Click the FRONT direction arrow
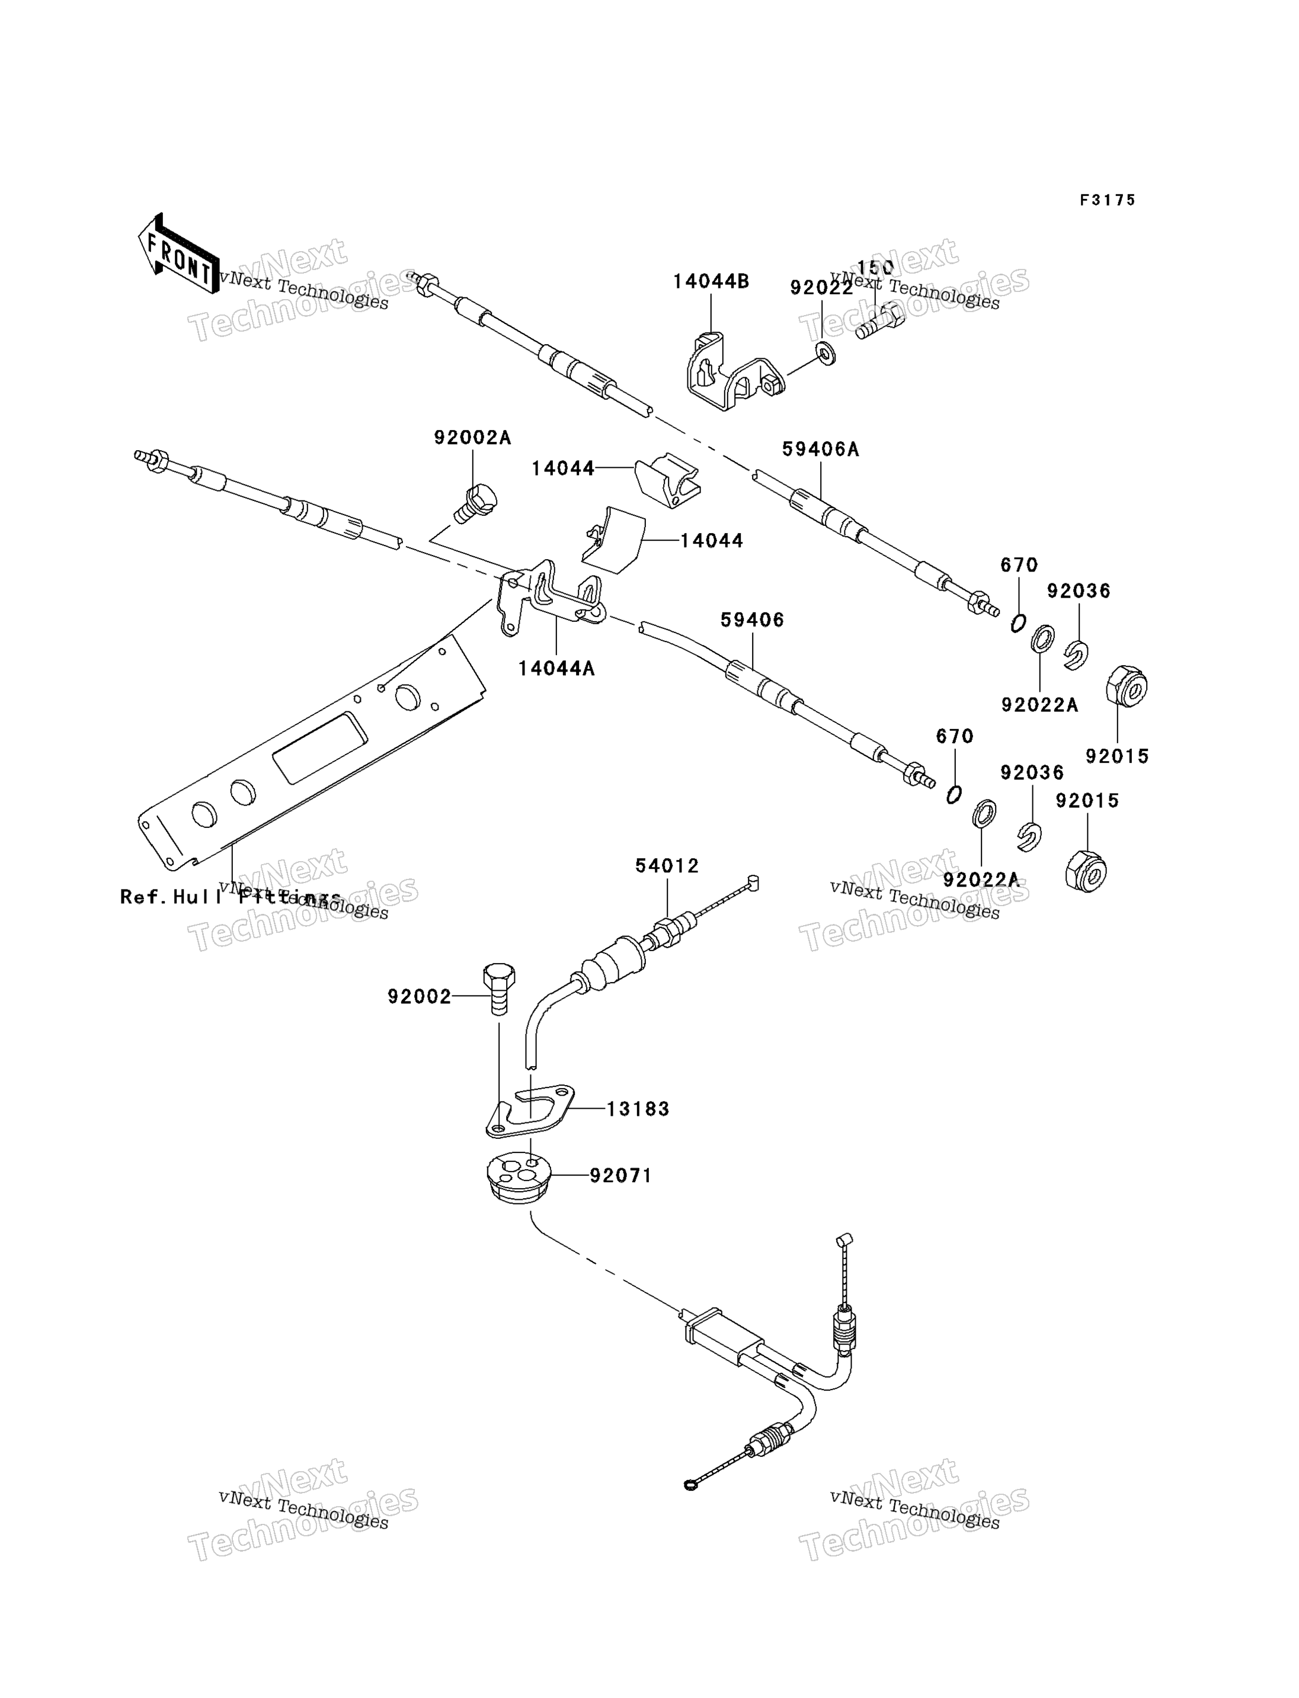178,253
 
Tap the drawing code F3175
1107,200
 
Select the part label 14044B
711,281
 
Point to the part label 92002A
472,438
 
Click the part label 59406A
820,449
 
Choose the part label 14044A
556,669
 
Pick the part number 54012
667,866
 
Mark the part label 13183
638,1109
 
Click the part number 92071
621,1176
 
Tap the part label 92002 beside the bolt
419,997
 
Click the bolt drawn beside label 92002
499,988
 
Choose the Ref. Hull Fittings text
231,897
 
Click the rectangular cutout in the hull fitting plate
319,748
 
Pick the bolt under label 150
879,321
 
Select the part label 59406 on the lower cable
751,620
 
